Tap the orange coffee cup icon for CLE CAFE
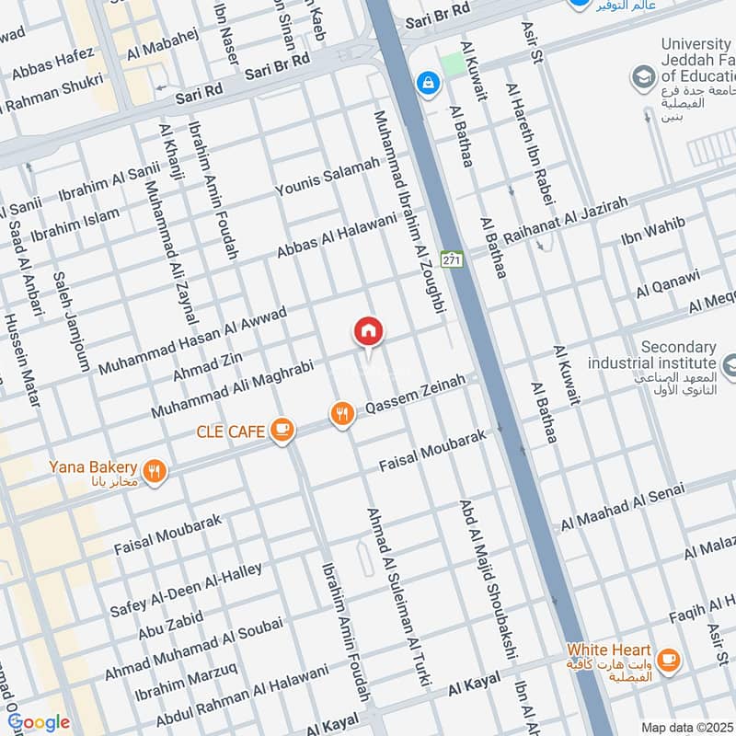pos(282,430)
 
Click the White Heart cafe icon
pos(669,658)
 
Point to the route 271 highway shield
pos(450,260)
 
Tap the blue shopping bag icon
pos(427,84)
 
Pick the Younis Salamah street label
pos(328,177)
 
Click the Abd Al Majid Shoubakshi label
pos(486,579)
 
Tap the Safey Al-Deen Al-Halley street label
pos(200,579)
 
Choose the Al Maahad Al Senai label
pos(623,510)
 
